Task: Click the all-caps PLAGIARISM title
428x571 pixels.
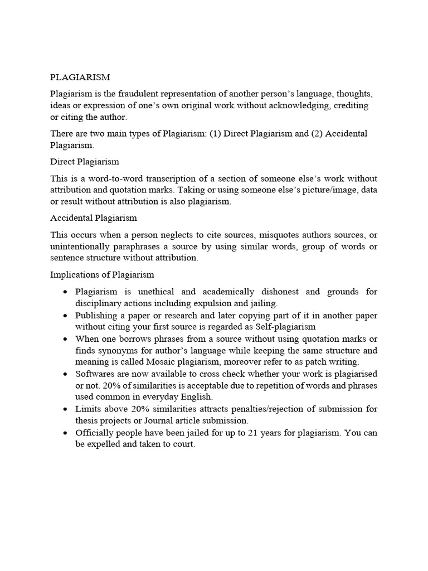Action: tap(80, 77)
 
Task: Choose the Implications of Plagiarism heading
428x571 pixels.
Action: tap(102, 275)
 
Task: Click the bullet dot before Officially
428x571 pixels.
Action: tap(66, 433)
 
